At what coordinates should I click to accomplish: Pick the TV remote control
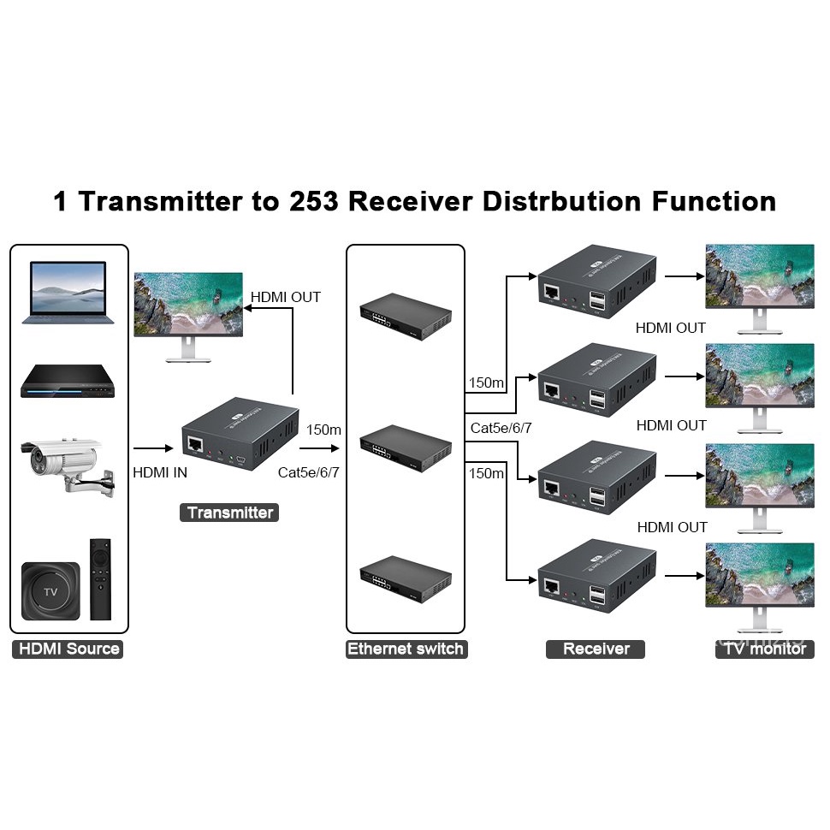pos(100,578)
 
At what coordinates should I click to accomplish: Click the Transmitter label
pos(230,513)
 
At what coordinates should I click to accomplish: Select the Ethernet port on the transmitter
pos(196,446)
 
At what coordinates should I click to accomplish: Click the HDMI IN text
pos(160,472)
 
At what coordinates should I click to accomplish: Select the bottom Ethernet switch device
pos(405,578)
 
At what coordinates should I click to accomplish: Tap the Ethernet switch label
pos(405,649)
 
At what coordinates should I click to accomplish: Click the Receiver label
pos(596,649)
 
